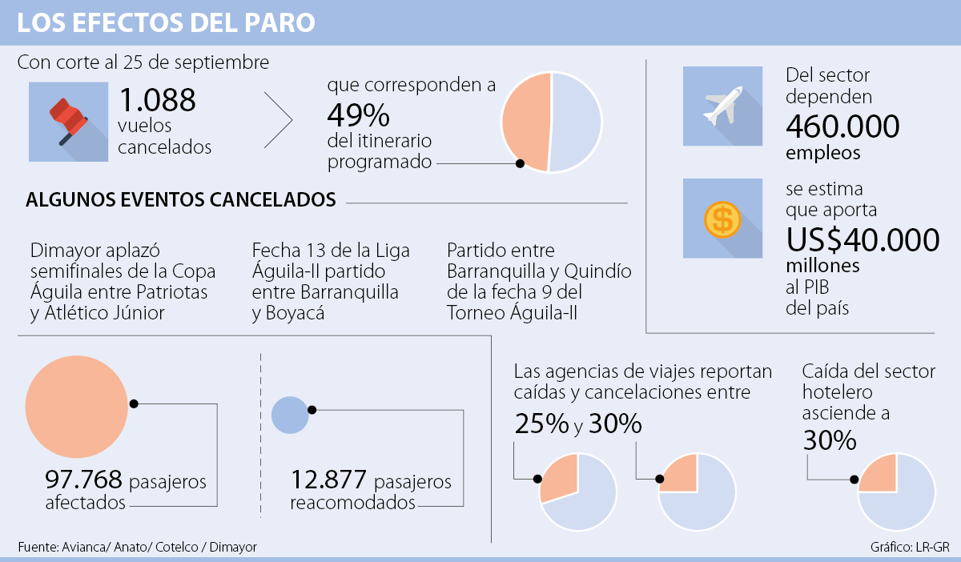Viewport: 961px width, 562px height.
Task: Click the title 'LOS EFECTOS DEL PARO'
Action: click(166, 23)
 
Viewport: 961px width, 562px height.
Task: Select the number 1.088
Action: click(157, 99)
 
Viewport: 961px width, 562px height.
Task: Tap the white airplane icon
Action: click(722, 106)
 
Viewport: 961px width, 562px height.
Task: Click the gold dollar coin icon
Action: click(722, 219)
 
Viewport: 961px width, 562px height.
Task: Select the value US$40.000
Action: click(862, 239)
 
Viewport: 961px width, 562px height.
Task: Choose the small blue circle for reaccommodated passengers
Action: click(289, 413)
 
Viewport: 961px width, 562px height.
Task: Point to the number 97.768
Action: click(83, 481)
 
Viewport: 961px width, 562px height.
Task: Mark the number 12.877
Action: click(328, 481)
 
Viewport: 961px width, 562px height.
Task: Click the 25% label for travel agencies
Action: click(541, 425)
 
